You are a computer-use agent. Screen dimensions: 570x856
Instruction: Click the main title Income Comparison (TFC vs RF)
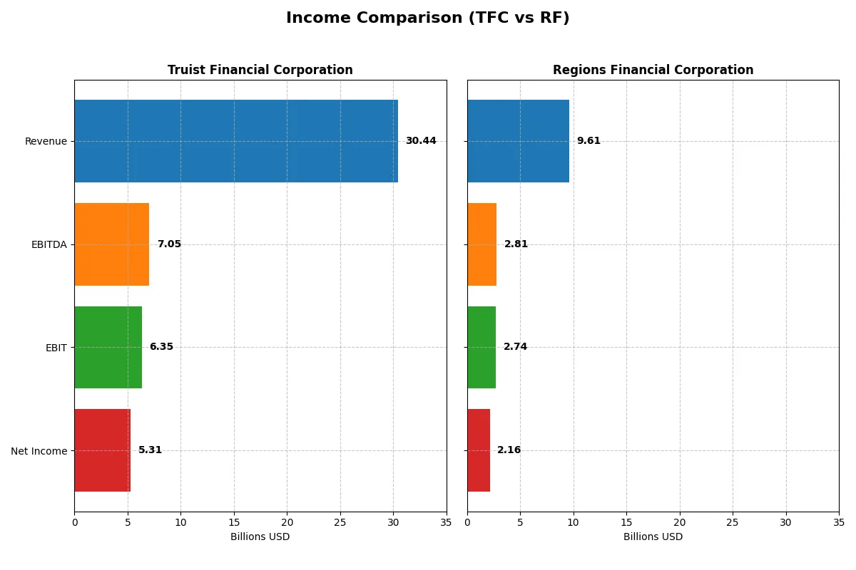[427, 19]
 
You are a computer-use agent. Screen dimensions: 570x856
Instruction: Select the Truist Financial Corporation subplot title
[260, 70]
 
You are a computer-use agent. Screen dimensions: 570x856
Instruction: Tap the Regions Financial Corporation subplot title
[653, 70]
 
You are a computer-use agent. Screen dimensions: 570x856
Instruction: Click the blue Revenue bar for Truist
[236, 141]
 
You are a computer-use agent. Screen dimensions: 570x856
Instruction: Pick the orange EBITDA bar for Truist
[112, 244]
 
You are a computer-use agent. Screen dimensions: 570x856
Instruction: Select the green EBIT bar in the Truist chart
[108, 347]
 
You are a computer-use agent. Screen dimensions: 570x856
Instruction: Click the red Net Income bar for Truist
[103, 450]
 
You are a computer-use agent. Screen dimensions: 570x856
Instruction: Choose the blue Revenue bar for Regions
[518, 141]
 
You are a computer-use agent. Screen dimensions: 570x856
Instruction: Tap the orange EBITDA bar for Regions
[482, 244]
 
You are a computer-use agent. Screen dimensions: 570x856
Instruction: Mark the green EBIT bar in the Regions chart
[481, 347]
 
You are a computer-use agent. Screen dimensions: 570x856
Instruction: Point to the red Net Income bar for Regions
[479, 450]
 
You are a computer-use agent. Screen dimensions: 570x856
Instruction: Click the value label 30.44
[421, 141]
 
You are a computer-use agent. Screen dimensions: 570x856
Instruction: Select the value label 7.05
[169, 244]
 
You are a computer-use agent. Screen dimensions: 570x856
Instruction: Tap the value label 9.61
[588, 141]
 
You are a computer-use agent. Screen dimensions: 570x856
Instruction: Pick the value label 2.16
[509, 450]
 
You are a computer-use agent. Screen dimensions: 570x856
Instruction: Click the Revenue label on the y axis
[46, 141]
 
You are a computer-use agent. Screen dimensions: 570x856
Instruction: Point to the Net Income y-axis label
[39, 450]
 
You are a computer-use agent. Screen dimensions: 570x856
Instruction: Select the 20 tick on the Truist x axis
[287, 522]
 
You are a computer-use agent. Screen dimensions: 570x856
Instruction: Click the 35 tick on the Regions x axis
[839, 522]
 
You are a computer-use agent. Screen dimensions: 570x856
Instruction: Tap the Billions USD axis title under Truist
[260, 537]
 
